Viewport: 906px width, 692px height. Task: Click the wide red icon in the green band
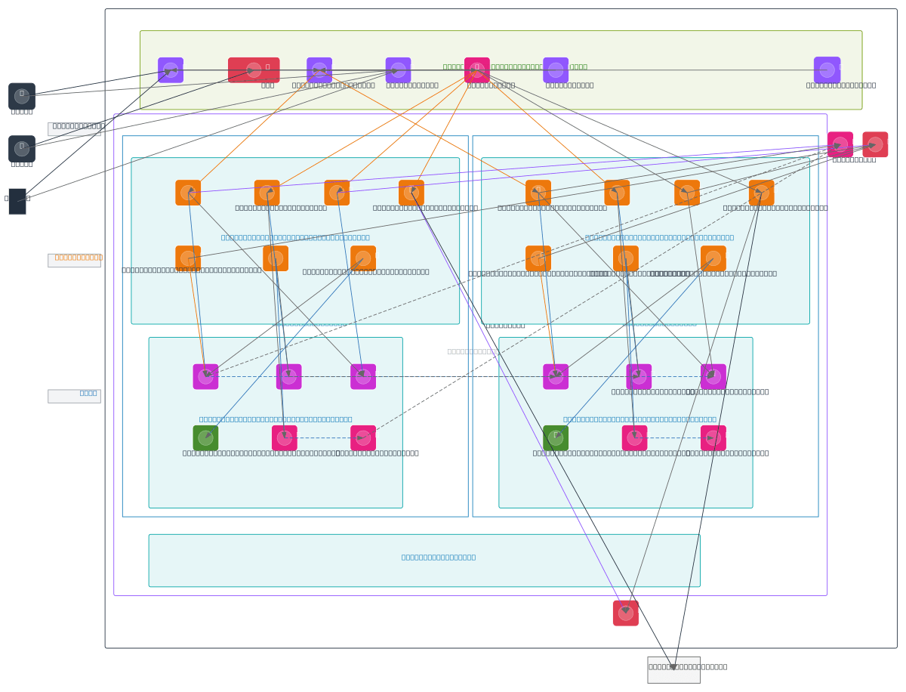click(x=254, y=70)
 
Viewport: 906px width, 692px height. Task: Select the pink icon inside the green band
click(x=476, y=70)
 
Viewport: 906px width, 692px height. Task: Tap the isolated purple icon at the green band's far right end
click(x=827, y=70)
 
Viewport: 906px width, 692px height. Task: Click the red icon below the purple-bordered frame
click(x=625, y=613)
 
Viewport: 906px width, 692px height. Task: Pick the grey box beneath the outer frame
click(x=673, y=670)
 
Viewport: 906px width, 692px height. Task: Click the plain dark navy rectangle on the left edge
click(x=17, y=202)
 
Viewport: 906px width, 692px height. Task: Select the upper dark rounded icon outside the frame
click(x=22, y=97)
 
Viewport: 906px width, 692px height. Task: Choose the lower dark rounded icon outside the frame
click(x=22, y=149)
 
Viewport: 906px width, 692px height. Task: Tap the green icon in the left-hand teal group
click(x=205, y=438)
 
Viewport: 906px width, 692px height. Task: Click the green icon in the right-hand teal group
click(x=556, y=438)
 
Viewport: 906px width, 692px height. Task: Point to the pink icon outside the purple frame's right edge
click(x=840, y=144)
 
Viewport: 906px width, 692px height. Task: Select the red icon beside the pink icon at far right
click(x=875, y=144)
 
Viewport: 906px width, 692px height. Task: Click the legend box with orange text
click(x=74, y=261)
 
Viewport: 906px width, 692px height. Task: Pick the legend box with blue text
click(x=74, y=396)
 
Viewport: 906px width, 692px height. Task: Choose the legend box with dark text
click(x=74, y=129)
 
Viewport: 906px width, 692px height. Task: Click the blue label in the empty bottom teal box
click(x=439, y=558)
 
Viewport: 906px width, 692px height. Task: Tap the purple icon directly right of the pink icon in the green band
click(x=556, y=70)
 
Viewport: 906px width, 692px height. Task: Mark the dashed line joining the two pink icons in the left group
click(x=324, y=438)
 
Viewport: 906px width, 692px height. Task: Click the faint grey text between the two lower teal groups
click(x=473, y=351)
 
